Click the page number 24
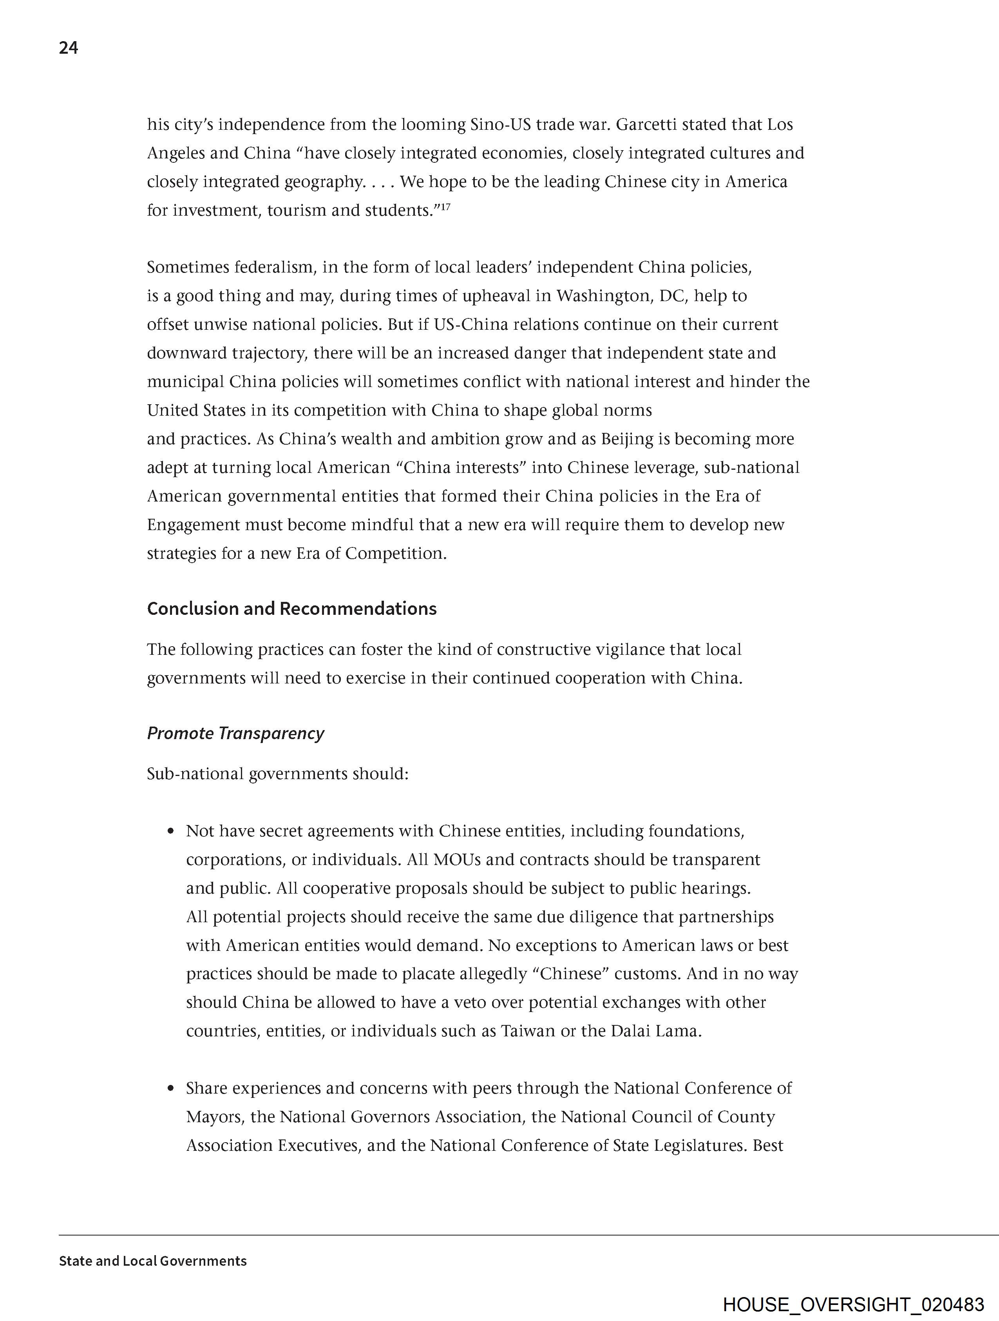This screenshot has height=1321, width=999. (68, 48)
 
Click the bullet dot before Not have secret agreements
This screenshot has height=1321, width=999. (171, 831)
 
